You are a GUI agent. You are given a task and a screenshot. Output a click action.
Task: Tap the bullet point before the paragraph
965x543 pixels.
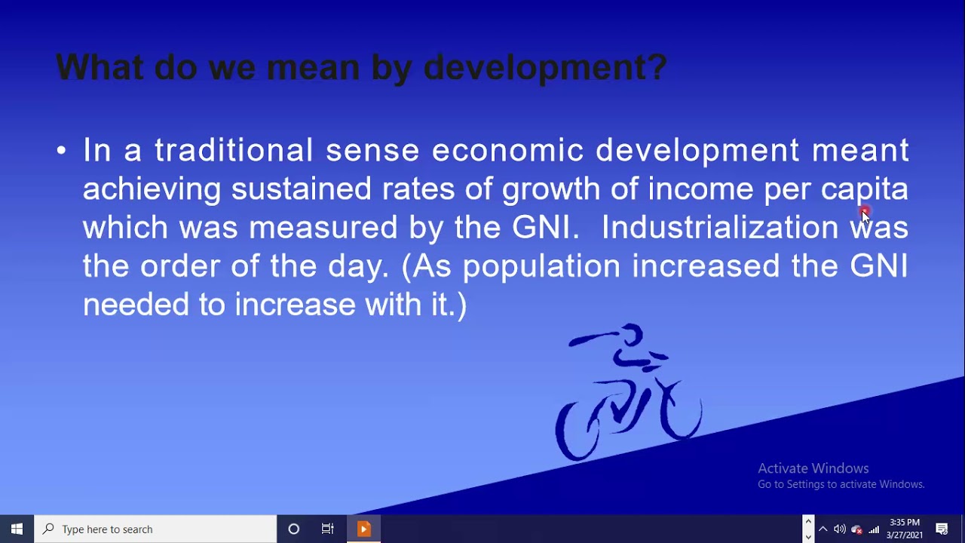pyautogui.click(x=62, y=151)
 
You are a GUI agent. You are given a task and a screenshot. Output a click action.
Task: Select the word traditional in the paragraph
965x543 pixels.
pyautogui.click(x=234, y=150)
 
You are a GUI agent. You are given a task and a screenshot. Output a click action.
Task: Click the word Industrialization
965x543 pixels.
pyautogui.click(x=719, y=227)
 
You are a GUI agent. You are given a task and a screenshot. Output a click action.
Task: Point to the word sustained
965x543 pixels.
pyautogui.click(x=302, y=189)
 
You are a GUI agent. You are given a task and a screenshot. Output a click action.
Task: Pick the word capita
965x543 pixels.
pyautogui.click(x=865, y=189)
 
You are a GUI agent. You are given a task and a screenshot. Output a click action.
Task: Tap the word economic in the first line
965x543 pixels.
pyautogui.click(x=507, y=150)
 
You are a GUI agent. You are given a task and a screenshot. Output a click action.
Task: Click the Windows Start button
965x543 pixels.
pyautogui.click(x=17, y=529)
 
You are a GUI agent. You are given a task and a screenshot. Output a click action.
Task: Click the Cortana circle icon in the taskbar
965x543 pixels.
pyautogui.click(x=294, y=529)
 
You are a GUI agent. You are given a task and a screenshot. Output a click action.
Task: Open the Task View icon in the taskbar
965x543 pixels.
pyautogui.click(x=327, y=529)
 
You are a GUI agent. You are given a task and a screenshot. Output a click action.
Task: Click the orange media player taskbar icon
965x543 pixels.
pyautogui.click(x=363, y=529)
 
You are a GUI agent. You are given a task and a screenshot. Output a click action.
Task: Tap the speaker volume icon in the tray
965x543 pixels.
pyautogui.click(x=839, y=529)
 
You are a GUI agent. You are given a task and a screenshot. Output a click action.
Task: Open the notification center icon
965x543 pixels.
pyautogui.click(x=942, y=529)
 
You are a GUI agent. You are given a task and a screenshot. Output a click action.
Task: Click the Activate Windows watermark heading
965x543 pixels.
pyautogui.click(x=813, y=468)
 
